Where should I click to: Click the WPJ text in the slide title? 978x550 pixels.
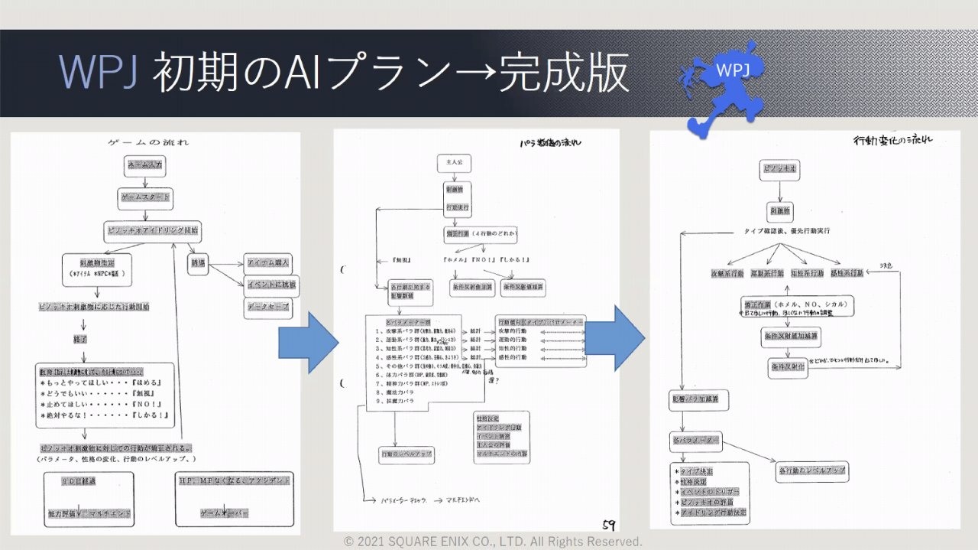tap(98, 74)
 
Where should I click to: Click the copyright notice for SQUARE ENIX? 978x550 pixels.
tap(493, 542)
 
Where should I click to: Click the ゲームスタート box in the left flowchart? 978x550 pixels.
tap(145, 197)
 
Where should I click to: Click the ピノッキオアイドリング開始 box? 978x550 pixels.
tap(154, 229)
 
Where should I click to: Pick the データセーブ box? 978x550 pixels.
tap(267, 308)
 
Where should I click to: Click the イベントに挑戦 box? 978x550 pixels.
tap(267, 285)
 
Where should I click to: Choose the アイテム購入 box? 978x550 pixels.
tap(267, 262)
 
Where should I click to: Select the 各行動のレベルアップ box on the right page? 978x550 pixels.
tap(811, 470)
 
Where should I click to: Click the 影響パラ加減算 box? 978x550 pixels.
tap(698, 399)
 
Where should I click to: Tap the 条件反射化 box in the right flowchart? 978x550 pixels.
tap(786, 367)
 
